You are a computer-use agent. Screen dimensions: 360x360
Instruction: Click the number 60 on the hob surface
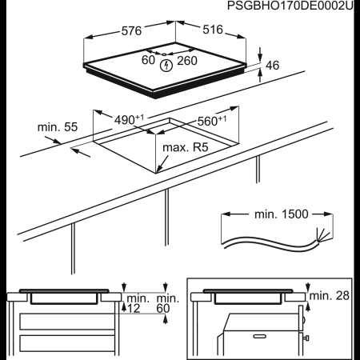149,61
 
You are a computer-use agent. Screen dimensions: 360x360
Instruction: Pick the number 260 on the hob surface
188,61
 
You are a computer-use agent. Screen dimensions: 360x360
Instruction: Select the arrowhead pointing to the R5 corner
160,170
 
